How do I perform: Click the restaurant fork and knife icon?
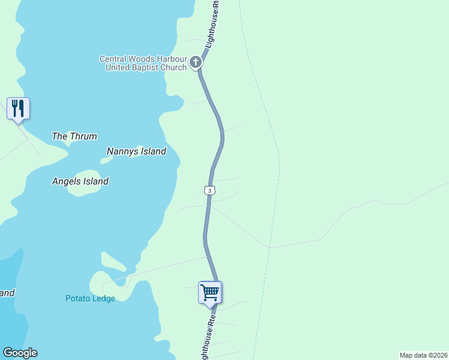(x=18, y=109)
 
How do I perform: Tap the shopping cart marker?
(x=210, y=293)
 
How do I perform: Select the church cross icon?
(x=196, y=62)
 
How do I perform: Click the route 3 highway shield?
(x=209, y=190)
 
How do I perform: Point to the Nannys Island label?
(x=136, y=151)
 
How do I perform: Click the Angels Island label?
(x=80, y=181)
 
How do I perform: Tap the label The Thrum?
(x=74, y=136)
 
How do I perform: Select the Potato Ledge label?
(x=90, y=298)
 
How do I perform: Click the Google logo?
(x=20, y=353)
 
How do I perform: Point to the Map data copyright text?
(x=423, y=355)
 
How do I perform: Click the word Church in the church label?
(x=172, y=67)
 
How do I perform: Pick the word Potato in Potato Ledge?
(x=78, y=298)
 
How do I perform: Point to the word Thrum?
(x=83, y=136)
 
